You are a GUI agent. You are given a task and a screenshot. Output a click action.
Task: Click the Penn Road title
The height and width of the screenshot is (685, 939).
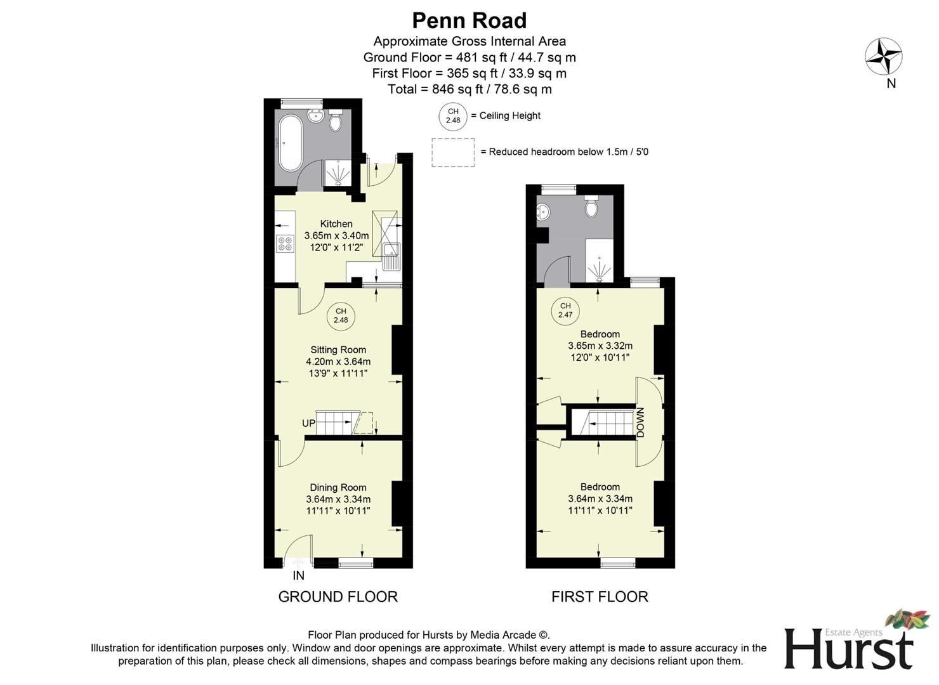click(x=469, y=21)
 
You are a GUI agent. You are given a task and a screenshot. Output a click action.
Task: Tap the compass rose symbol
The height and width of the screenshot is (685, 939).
click(x=884, y=56)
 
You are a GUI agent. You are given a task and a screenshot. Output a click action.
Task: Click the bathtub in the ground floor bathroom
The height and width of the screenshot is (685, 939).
click(x=290, y=144)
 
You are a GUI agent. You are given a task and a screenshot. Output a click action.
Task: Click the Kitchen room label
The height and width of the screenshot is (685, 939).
click(x=336, y=224)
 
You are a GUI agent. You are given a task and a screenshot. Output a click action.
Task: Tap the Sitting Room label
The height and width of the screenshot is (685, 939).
click(x=338, y=349)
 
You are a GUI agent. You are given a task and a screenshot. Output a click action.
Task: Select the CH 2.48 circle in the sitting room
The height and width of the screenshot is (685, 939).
click(x=341, y=316)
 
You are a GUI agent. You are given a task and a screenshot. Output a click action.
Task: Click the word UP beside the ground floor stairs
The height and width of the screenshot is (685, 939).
click(x=308, y=423)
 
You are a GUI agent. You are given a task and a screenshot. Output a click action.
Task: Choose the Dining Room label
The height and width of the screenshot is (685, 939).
click(x=338, y=487)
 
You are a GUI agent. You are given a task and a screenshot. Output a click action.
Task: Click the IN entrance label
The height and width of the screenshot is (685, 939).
click(x=298, y=576)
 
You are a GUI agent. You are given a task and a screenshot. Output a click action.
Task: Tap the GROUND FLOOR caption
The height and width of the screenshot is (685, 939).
click(x=338, y=597)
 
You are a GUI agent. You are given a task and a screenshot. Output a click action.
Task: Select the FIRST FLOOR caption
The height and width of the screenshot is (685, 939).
click(x=600, y=597)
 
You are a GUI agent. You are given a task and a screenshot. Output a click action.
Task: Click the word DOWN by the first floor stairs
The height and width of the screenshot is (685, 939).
click(x=640, y=422)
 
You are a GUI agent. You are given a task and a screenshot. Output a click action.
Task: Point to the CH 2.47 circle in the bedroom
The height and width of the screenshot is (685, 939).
click(x=565, y=310)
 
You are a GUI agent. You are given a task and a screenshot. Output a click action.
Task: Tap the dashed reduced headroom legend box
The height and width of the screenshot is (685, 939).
click(x=453, y=152)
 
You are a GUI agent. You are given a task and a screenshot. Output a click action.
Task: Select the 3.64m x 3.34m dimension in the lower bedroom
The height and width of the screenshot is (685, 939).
click(x=600, y=499)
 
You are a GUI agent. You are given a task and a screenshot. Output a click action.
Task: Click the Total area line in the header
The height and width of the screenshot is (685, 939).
click(x=469, y=89)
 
